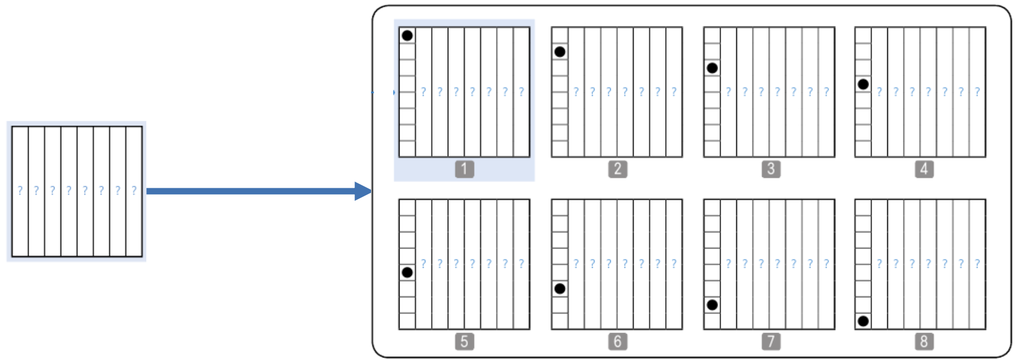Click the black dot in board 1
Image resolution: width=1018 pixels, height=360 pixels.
tap(407, 35)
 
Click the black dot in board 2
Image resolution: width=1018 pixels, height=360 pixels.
tap(560, 52)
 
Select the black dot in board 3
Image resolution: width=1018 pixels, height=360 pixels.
tap(712, 68)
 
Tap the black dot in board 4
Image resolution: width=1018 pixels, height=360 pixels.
tap(863, 84)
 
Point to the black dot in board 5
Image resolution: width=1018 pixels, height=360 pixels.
tap(407, 272)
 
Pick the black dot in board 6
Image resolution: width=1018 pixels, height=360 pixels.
tap(560, 288)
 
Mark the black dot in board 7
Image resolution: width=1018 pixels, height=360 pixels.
tap(712, 305)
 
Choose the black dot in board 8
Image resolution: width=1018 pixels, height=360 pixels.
tap(863, 321)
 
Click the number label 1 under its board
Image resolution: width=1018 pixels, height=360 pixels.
tap(464, 169)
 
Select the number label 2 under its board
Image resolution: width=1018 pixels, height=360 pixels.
tap(617, 169)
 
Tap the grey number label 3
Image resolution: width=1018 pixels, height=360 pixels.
tap(771, 169)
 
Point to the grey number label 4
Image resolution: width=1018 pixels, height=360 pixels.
tap(924, 169)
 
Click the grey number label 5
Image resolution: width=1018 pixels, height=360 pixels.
tap(464, 341)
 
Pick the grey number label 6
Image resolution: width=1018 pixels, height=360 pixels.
tap(617, 341)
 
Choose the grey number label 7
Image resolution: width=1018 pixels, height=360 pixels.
tap(771, 341)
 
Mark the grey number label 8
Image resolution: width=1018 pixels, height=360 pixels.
tap(924, 341)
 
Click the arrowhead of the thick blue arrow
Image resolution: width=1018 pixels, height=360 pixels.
tap(363, 191)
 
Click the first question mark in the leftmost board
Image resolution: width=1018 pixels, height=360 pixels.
tap(20, 190)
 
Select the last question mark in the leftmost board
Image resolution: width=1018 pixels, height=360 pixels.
tap(134, 190)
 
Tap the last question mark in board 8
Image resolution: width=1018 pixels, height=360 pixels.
tap(978, 264)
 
